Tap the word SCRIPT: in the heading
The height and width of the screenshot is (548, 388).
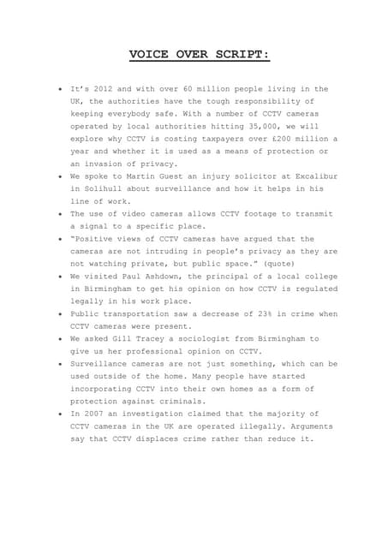pyautogui.click(x=242, y=56)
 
